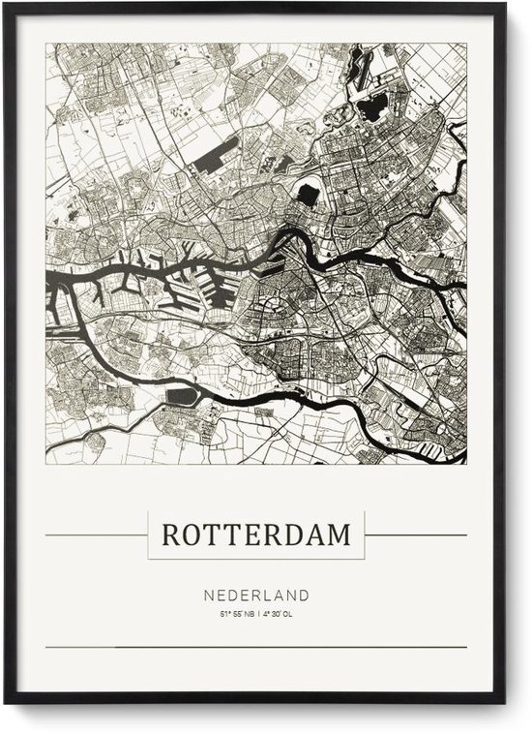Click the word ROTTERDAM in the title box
(256, 534)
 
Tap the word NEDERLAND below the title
(256, 595)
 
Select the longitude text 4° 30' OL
(279, 613)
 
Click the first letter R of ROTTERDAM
(170, 534)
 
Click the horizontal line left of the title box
(96, 534)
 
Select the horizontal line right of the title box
(416, 534)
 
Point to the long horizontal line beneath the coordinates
(256, 647)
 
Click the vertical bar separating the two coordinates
(257, 613)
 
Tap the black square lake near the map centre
(307, 195)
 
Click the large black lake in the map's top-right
(371, 109)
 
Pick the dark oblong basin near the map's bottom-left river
(182, 396)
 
